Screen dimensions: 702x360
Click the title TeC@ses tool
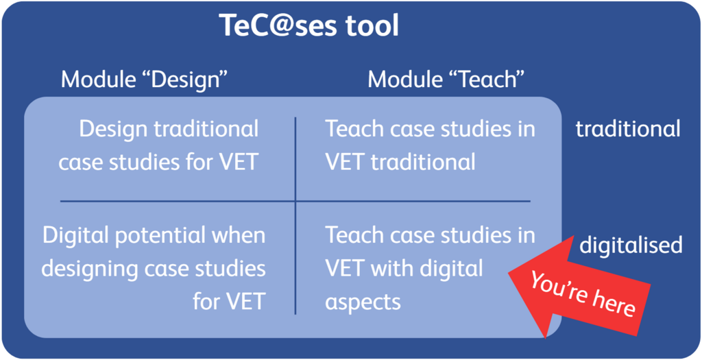pyautogui.click(x=308, y=27)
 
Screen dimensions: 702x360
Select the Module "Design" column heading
pyautogui.click(x=145, y=80)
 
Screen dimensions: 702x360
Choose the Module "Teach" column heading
pyautogui.click(x=446, y=80)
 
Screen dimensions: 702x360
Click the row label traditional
pyautogui.click(x=628, y=129)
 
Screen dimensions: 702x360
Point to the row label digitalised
pyautogui.click(x=631, y=245)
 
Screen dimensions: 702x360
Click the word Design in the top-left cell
pyautogui.click(x=114, y=130)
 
